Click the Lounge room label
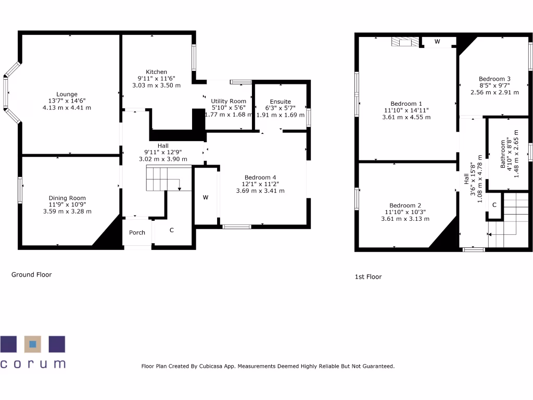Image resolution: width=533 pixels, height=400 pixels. (x=67, y=94)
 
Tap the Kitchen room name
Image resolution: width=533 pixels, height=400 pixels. (x=156, y=72)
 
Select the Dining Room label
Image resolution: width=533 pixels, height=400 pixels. (x=67, y=198)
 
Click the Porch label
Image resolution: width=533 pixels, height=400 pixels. (x=137, y=232)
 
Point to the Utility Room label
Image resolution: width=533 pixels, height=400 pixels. (x=228, y=101)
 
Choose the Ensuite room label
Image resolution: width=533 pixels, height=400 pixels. (x=280, y=102)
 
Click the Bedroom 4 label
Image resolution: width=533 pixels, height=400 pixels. (x=260, y=178)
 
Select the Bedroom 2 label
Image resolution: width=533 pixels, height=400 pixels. (x=405, y=205)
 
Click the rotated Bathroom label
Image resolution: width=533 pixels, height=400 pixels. (x=503, y=154)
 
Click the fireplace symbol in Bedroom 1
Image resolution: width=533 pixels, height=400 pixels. (x=405, y=42)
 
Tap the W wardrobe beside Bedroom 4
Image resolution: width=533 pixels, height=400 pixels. (x=206, y=197)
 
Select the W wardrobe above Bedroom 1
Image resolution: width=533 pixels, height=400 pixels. (x=437, y=41)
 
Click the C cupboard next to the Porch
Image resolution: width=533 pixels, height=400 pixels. (x=171, y=230)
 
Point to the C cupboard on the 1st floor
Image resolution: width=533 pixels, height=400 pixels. (x=494, y=205)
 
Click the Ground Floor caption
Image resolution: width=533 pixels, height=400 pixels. (x=32, y=274)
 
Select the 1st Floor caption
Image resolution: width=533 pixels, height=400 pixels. (x=368, y=277)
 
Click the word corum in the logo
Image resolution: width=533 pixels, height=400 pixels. (x=33, y=364)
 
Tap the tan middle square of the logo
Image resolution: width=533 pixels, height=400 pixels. (x=33, y=344)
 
